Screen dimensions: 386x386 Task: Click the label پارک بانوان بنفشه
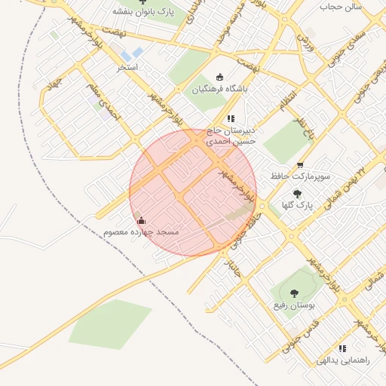145,11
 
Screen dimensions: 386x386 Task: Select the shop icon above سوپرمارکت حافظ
300,164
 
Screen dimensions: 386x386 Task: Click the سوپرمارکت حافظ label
300,176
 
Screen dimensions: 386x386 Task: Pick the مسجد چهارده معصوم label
142,232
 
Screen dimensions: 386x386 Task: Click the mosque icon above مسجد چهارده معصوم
142,221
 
